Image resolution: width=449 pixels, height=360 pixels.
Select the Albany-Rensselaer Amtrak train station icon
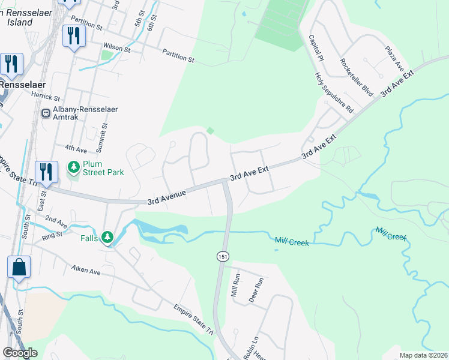pyautogui.click(x=45, y=113)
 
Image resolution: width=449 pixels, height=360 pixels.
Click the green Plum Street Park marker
pyautogui.click(x=73, y=167)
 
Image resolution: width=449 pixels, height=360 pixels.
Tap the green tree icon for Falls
pyautogui.click(x=107, y=238)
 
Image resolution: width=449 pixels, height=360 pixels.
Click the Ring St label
pyautogui.click(x=52, y=235)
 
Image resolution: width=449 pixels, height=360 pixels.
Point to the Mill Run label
pyautogui.click(x=236, y=291)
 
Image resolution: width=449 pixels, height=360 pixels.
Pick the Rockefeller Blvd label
pyautogui.click(x=356, y=77)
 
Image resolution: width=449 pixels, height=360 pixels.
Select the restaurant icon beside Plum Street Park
pyautogui.click(x=46, y=171)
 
